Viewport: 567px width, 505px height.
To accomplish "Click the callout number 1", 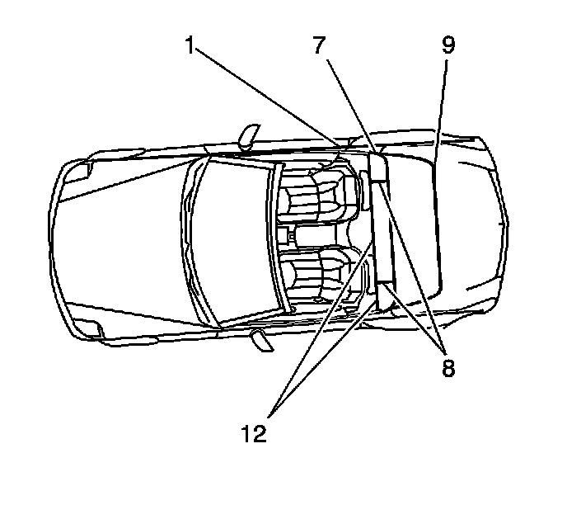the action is click(190, 46).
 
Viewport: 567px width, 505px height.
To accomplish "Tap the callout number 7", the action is click(320, 46).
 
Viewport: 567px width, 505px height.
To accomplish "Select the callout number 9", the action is click(447, 45).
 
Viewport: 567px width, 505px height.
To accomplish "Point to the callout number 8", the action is click(448, 366).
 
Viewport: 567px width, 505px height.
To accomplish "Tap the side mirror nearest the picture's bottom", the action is click(262, 340).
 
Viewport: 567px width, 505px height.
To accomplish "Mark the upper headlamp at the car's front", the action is click(80, 171).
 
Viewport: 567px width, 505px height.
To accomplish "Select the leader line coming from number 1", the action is click(272, 99).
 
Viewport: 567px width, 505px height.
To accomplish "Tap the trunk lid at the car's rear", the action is click(466, 223).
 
